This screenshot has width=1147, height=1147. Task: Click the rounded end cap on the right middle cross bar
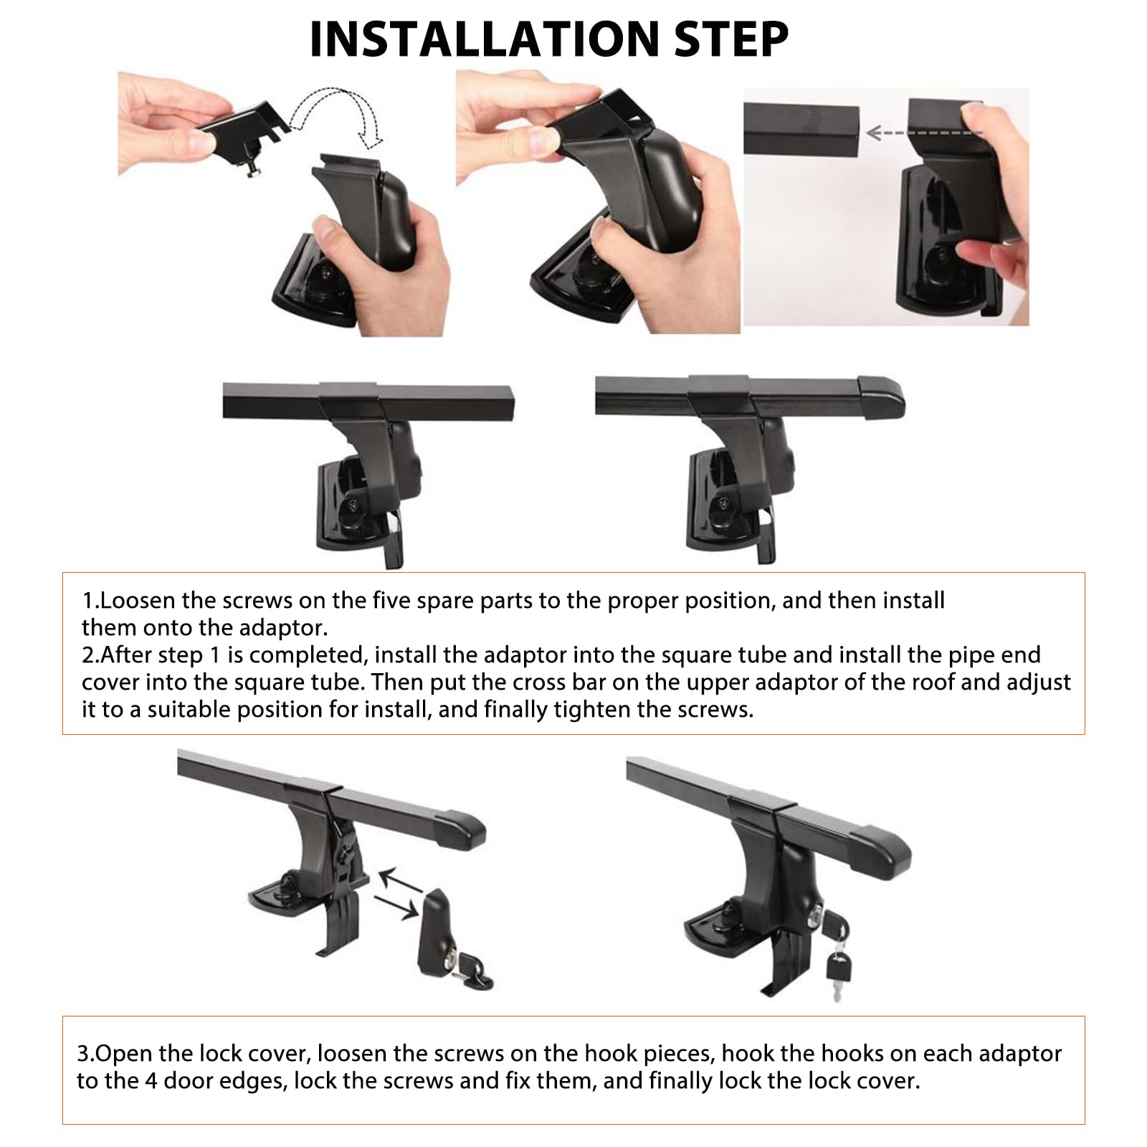click(x=881, y=396)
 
